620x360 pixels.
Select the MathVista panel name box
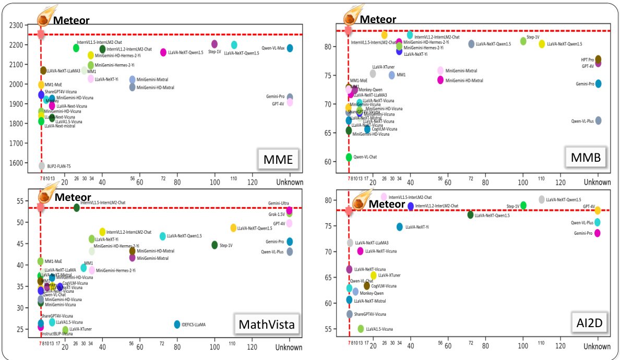266,325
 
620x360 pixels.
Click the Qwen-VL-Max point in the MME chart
290,48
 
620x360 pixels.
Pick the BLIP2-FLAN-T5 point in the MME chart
41,166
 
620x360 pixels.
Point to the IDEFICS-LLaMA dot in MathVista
177,325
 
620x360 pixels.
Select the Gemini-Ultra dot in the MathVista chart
290,210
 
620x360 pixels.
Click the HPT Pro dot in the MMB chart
598,59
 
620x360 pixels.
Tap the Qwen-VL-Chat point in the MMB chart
349,157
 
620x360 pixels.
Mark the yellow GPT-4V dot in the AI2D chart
598,210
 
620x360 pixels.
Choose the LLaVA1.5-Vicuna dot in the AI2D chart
361,329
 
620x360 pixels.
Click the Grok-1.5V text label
277,214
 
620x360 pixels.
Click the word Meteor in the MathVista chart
73,197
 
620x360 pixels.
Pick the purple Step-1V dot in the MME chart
214,44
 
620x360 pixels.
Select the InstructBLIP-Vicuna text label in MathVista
57,333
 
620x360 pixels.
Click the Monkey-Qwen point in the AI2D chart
355,292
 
